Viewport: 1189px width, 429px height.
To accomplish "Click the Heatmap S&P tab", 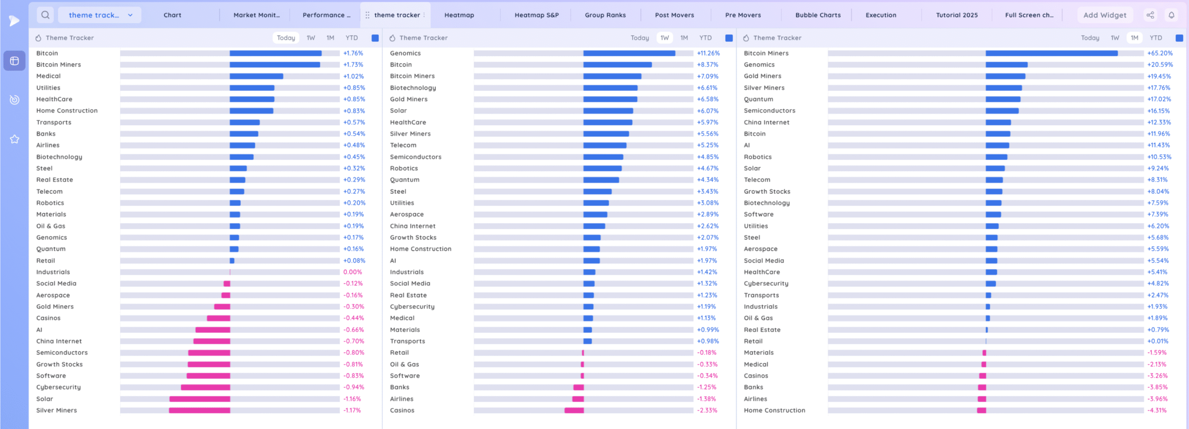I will [536, 15].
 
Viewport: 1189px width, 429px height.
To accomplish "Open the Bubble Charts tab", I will [817, 15].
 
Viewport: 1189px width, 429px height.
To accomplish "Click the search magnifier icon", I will [45, 15].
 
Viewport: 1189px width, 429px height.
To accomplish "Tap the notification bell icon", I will [1171, 15].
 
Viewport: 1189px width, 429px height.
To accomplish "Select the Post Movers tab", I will [674, 15].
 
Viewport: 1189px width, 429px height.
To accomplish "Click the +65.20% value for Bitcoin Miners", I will [1160, 53].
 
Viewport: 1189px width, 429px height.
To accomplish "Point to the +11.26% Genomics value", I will [708, 53].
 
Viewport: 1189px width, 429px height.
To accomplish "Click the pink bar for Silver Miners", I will [199, 410].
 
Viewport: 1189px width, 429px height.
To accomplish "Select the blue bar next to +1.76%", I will [275, 53].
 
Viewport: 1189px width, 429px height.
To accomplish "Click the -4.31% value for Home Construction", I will [1157, 410].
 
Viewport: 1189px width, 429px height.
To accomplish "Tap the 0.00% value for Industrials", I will [353, 272].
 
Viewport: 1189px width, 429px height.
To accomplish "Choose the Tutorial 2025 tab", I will [956, 15].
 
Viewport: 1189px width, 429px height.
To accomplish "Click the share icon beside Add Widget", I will [1150, 15].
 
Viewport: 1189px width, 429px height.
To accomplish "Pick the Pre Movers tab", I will [743, 15].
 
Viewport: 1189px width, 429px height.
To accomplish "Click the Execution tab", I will [881, 15].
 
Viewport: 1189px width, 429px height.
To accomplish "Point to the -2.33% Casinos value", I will [707, 410].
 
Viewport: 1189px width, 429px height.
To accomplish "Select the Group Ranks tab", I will [605, 15].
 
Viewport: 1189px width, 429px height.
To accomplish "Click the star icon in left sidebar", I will [14, 139].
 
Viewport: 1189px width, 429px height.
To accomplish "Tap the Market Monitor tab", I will [256, 15].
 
